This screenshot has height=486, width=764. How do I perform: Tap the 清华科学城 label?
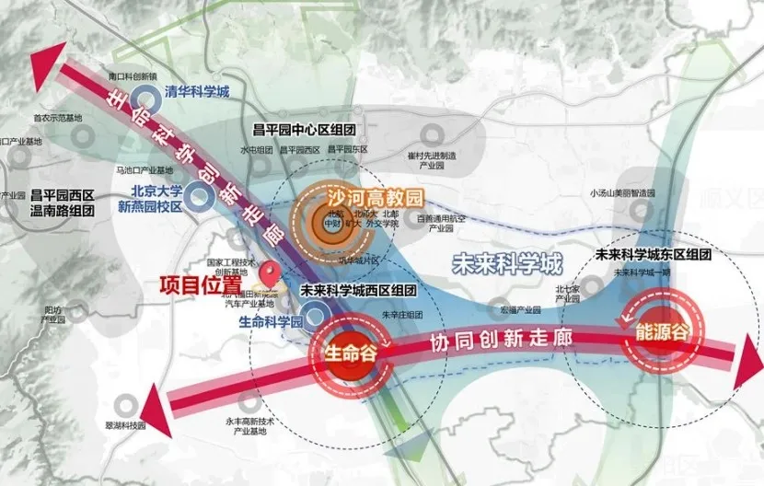click(x=196, y=91)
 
